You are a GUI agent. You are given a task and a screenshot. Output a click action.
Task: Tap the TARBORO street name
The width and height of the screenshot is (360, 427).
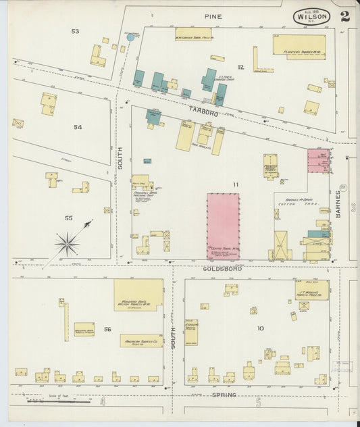pyautogui.click(x=203, y=114)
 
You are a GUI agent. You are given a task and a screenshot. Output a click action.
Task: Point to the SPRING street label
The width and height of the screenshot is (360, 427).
pyautogui.click(x=224, y=395)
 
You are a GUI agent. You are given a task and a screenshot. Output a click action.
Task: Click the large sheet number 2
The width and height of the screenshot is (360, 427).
pyautogui.click(x=345, y=16)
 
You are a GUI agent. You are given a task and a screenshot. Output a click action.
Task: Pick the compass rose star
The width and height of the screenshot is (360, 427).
pyautogui.click(x=68, y=243)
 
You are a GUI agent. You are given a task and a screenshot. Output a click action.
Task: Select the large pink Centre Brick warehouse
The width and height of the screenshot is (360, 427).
pyautogui.click(x=223, y=226)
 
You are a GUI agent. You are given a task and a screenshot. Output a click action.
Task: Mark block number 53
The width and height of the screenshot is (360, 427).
pyautogui.click(x=75, y=31)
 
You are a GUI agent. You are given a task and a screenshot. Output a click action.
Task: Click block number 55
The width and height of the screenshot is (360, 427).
pyautogui.click(x=68, y=218)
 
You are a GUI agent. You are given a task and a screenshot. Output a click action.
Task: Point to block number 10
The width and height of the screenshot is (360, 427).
pyautogui.click(x=260, y=328)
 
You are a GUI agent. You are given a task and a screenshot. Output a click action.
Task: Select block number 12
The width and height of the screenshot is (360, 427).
pyautogui.click(x=240, y=67)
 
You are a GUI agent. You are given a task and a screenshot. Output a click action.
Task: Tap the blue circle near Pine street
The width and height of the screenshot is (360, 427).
pyautogui.click(x=130, y=37)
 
